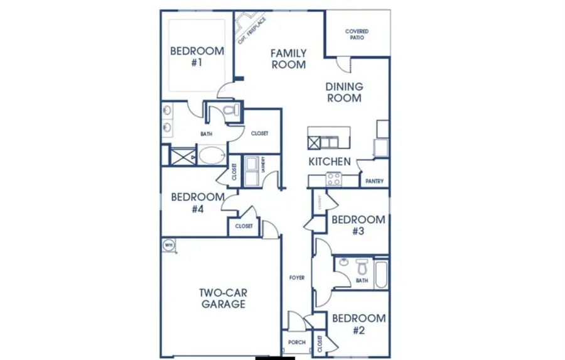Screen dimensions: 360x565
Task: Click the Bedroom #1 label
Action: pyautogui.click(x=197, y=57)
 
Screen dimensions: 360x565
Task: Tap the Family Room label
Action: pyautogui.click(x=288, y=58)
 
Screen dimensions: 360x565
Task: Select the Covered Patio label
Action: pyautogui.click(x=357, y=34)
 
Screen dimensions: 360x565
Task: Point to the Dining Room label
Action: pyautogui.click(x=343, y=92)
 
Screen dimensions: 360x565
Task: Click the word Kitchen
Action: pyautogui.click(x=329, y=161)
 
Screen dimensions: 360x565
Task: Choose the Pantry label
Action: pyautogui.click(x=374, y=182)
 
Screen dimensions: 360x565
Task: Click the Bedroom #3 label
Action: pyautogui.click(x=358, y=225)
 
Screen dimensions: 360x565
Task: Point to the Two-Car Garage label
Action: pyautogui.click(x=222, y=298)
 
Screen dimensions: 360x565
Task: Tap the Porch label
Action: pyautogui.click(x=296, y=342)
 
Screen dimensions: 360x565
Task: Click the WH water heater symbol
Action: pyautogui.click(x=169, y=244)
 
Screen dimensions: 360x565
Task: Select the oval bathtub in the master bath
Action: pyautogui.click(x=213, y=155)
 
